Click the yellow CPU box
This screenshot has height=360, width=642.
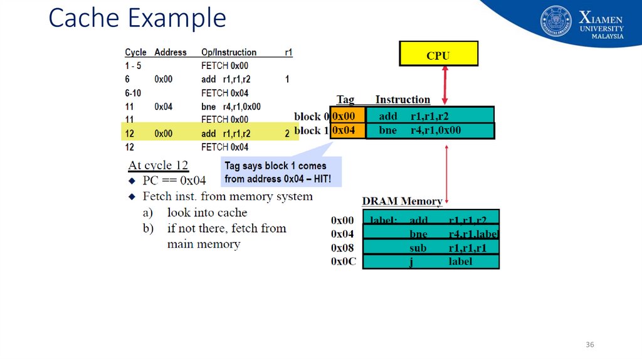tap(438, 54)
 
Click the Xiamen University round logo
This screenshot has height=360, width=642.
tap(556, 21)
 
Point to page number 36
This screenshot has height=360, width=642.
tap(589, 346)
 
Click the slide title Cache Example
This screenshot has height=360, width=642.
tap(137, 18)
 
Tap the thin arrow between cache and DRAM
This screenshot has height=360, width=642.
tap(446, 174)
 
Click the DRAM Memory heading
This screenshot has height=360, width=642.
tap(402, 201)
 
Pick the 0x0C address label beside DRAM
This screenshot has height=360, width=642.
tap(343, 261)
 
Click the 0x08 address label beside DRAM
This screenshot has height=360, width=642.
tap(342, 248)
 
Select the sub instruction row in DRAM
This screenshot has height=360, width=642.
tap(431, 248)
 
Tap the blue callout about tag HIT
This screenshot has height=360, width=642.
tap(282, 172)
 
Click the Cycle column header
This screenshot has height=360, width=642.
tap(135, 53)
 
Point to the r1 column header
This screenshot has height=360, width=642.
tap(288, 53)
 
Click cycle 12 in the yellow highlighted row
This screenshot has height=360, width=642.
tap(130, 134)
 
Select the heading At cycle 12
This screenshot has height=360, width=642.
tap(158, 166)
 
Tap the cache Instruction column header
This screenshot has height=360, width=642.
tap(403, 100)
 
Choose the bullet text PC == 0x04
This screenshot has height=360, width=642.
tap(174, 181)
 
